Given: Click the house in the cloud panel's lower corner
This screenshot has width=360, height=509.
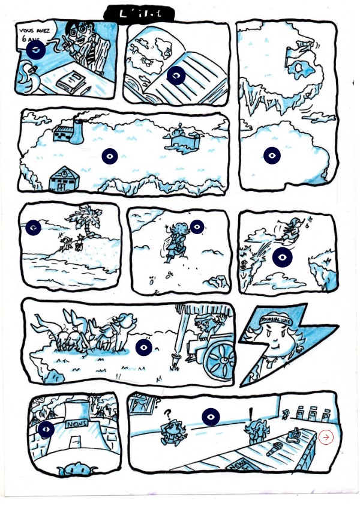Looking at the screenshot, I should click(61, 179).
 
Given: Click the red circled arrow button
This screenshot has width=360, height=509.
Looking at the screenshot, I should click(326, 437).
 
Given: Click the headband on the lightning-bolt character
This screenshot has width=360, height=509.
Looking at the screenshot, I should click(276, 320).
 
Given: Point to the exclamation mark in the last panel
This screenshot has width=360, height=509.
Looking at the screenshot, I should click(250, 414).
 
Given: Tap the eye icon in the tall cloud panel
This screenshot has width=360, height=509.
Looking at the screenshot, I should click(272, 155).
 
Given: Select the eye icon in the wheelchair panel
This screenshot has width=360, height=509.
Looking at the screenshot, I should click(143, 347).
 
